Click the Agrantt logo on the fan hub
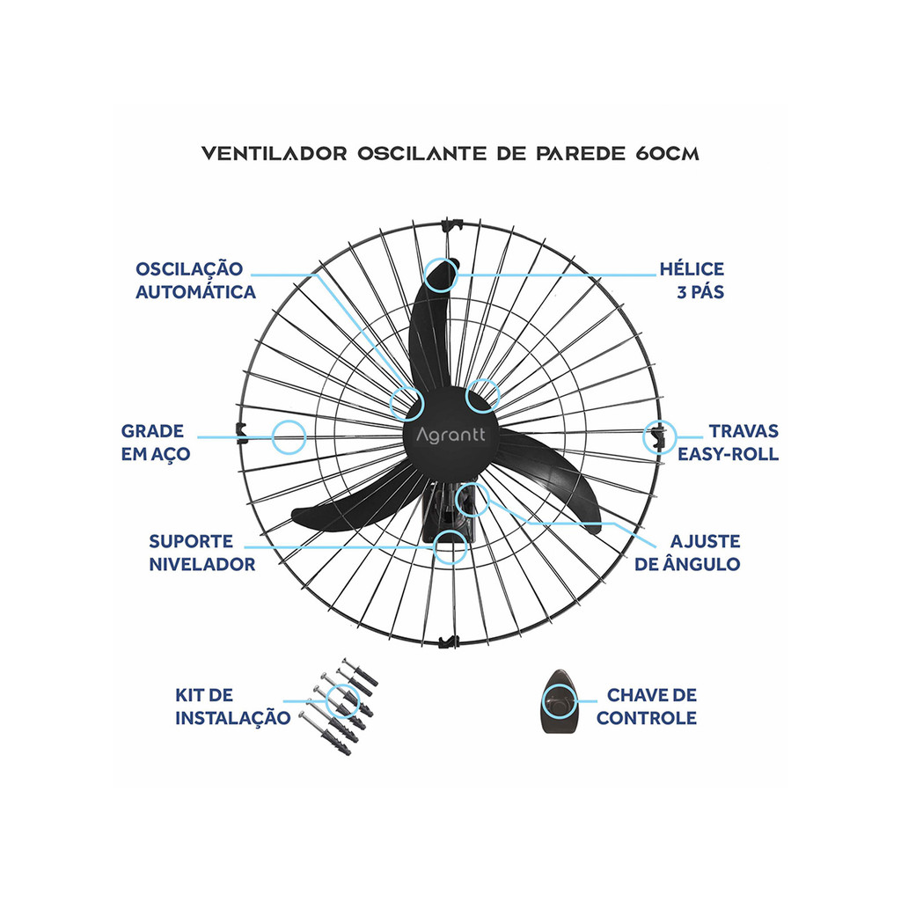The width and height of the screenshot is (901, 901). click(x=450, y=435)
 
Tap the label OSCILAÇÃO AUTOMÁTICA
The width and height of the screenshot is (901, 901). click(x=195, y=281)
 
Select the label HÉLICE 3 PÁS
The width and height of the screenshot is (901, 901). click(x=692, y=281)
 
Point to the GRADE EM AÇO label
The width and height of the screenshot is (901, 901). click(x=155, y=443)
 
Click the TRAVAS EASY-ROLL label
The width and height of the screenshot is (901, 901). click(x=728, y=443)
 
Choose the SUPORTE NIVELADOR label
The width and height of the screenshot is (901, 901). click(x=201, y=553)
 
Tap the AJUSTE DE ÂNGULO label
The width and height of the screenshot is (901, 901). click(x=687, y=553)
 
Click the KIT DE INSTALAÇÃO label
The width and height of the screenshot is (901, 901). click(x=232, y=707)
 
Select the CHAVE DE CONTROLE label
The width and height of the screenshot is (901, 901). click(x=647, y=707)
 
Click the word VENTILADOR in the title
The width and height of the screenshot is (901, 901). click(x=275, y=154)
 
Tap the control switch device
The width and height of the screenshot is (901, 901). click(x=559, y=701)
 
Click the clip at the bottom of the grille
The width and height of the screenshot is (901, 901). click(x=448, y=641)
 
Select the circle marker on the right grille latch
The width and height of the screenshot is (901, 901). click(x=659, y=437)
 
